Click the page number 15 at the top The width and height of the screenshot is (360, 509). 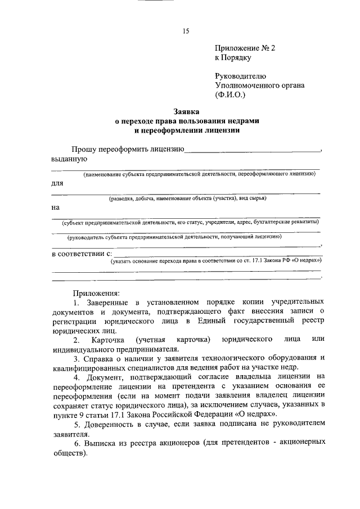(185, 31)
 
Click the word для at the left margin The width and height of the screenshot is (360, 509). (57, 183)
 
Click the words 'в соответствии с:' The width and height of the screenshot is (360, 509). (79, 254)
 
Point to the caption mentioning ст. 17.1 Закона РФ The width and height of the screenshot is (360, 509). (217, 261)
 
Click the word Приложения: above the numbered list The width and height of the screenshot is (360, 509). (96, 293)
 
